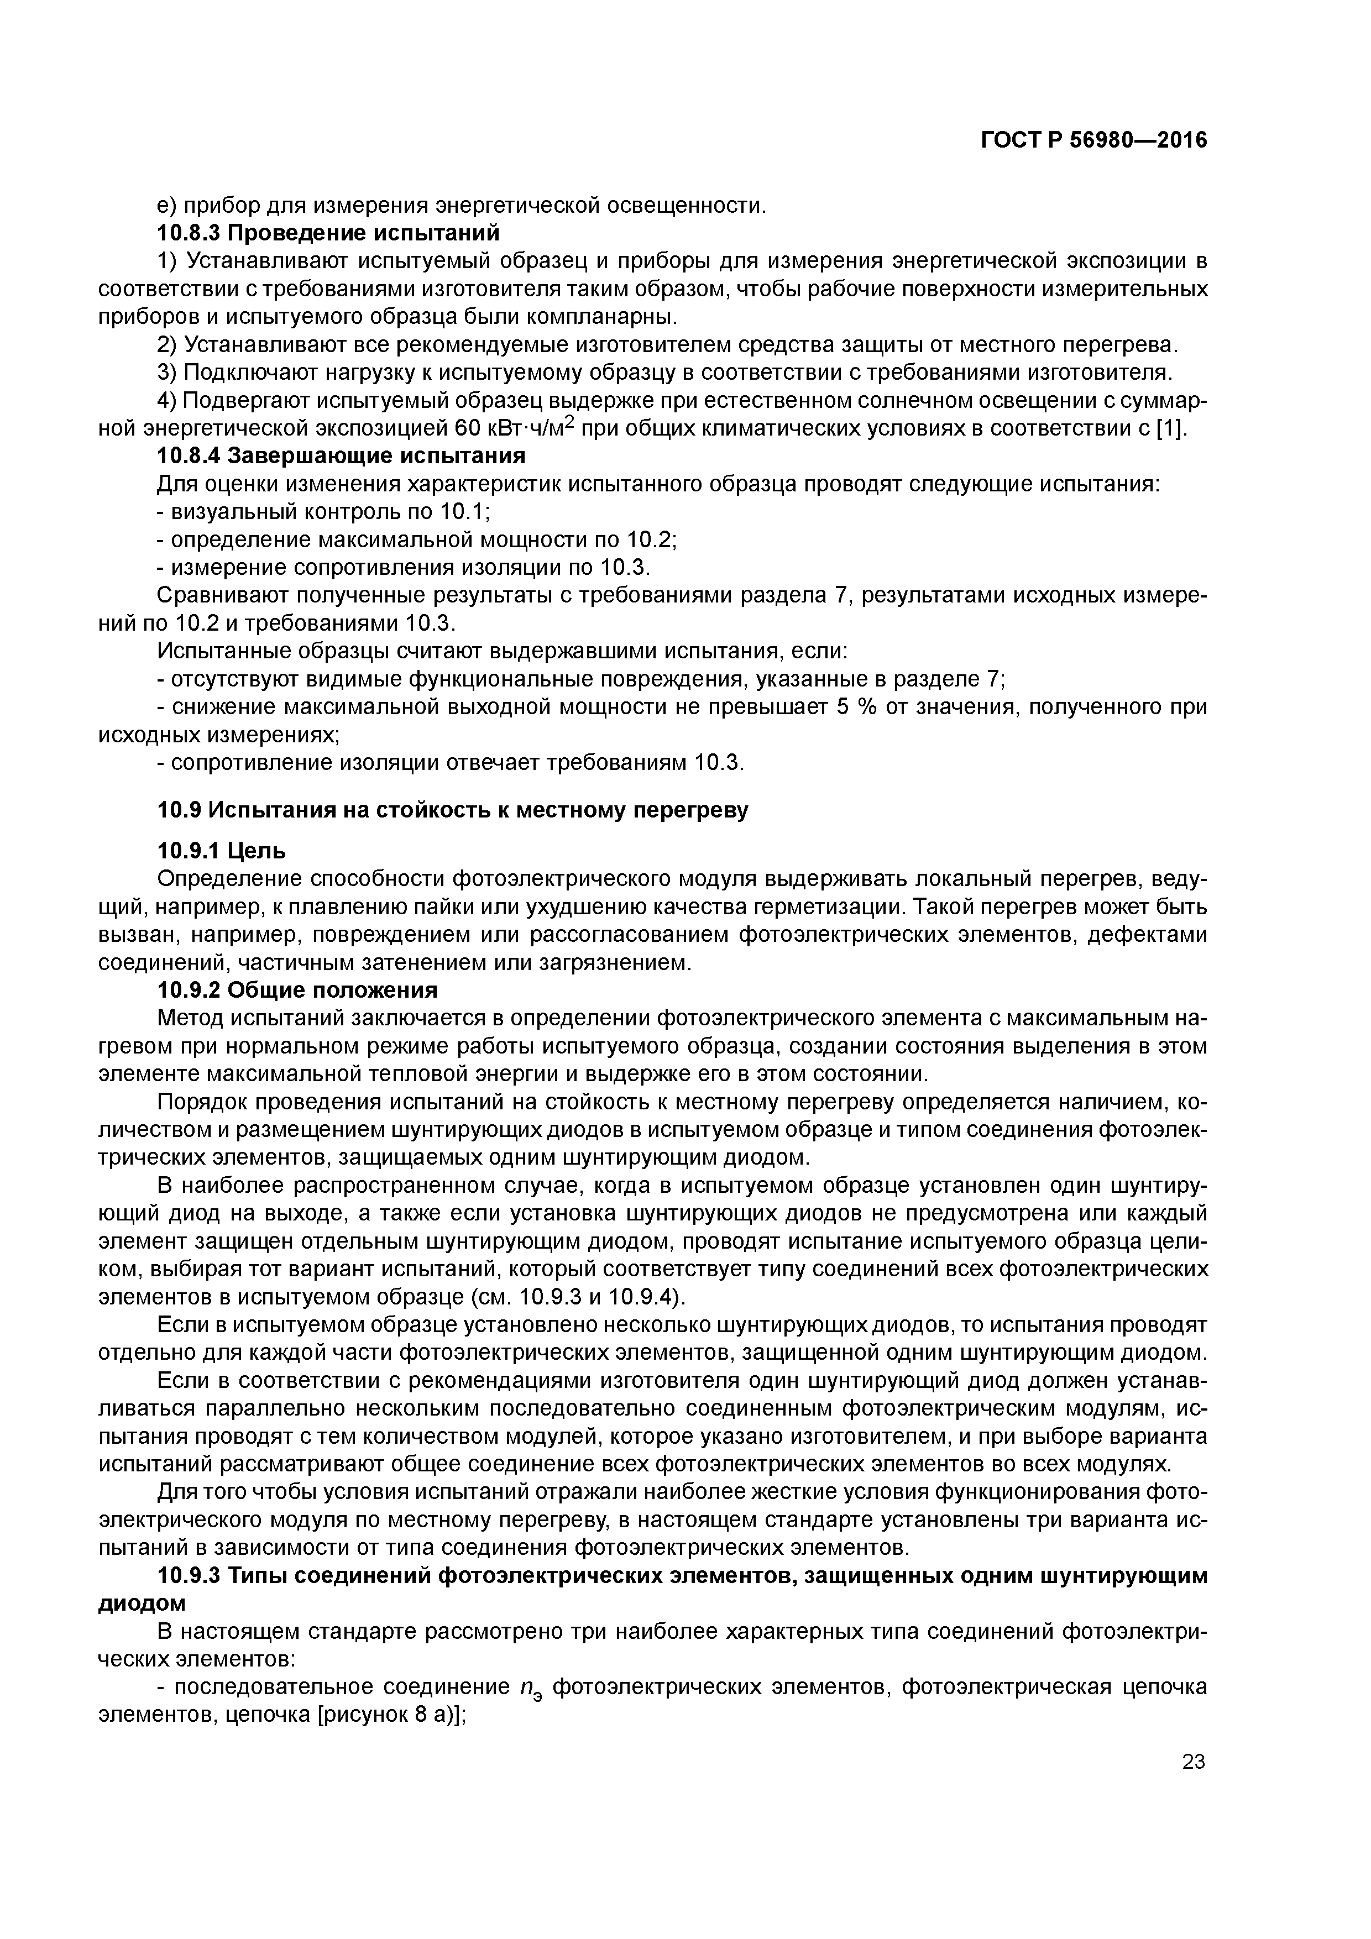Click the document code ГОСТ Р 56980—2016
click(x=1094, y=140)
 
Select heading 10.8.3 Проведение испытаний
click(x=328, y=232)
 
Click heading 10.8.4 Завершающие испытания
click(x=341, y=456)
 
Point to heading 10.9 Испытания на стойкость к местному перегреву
click(x=453, y=810)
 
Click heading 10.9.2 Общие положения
click(x=297, y=990)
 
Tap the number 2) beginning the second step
click(x=168, y=344)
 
